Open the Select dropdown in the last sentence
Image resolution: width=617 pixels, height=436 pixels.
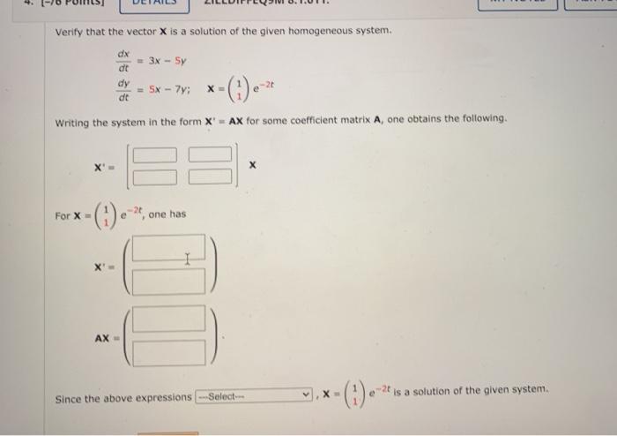[x=255, y=396]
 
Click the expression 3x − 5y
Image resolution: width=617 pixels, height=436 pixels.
[x=167, y=61]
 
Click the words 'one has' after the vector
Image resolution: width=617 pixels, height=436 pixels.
[x=167, y=214]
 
